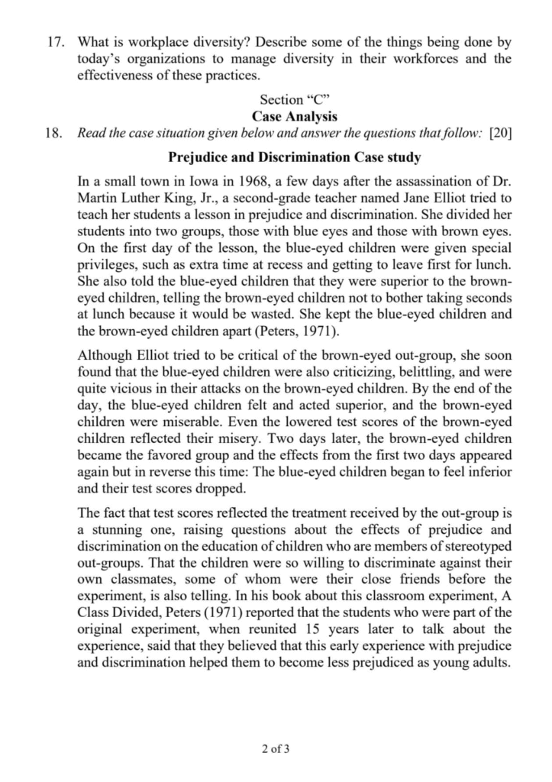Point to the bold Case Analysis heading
pyautogui.click(x=295, y=116)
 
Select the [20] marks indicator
pyautogui.click(x=499, y=133)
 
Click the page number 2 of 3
pyautogui.click(x=276, y=749)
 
